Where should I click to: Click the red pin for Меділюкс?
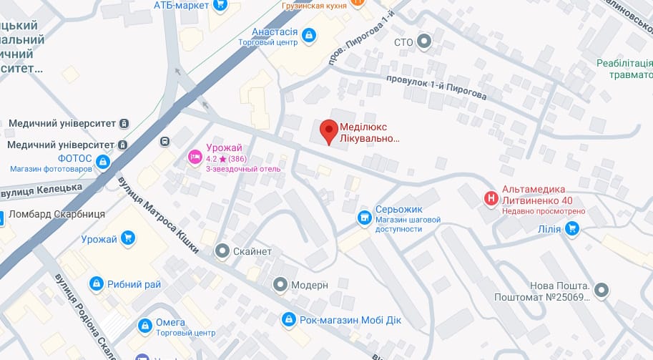tap(328, 131)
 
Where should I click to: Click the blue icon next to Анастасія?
tap(309, 34)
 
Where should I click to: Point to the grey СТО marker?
tap(425, 42)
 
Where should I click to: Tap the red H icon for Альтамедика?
tap(491, 198)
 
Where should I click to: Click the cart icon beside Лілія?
tap(571, 228)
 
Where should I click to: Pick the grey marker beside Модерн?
tap(280, 285)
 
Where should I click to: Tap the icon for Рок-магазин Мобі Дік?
tap(289, 318)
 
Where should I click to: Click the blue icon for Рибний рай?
tap(96, 284)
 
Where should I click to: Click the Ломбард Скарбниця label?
tap(57, 214)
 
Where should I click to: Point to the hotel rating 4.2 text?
tap(212, 159)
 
